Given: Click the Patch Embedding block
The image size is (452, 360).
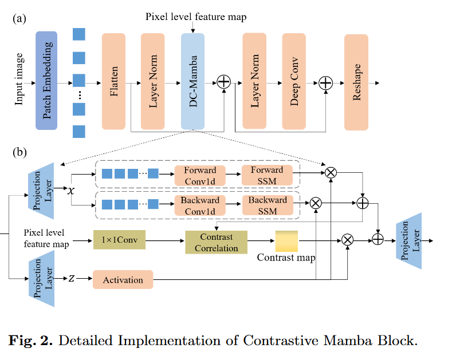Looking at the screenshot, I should [x=48, y=80].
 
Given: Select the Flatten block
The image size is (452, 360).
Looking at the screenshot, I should [x=113, y=81].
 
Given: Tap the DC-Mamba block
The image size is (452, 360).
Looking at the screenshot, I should [x=192, y=81].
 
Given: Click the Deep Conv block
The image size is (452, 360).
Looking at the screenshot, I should [x=294, y=81].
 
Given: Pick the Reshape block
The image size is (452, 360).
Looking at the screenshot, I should [x=356, y=81].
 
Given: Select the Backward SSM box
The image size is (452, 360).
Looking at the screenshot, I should [x=267, y=205].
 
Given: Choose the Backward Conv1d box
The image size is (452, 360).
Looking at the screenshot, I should [x=199, y=205].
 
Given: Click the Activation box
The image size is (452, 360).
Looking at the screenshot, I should [x=123, y=279].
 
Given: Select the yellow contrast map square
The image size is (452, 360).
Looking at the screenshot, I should [x=286, y=242].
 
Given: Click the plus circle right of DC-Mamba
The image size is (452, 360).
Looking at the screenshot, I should [x=223, y=83].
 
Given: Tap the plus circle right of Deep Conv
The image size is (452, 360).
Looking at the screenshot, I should [x=325, y=83].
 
